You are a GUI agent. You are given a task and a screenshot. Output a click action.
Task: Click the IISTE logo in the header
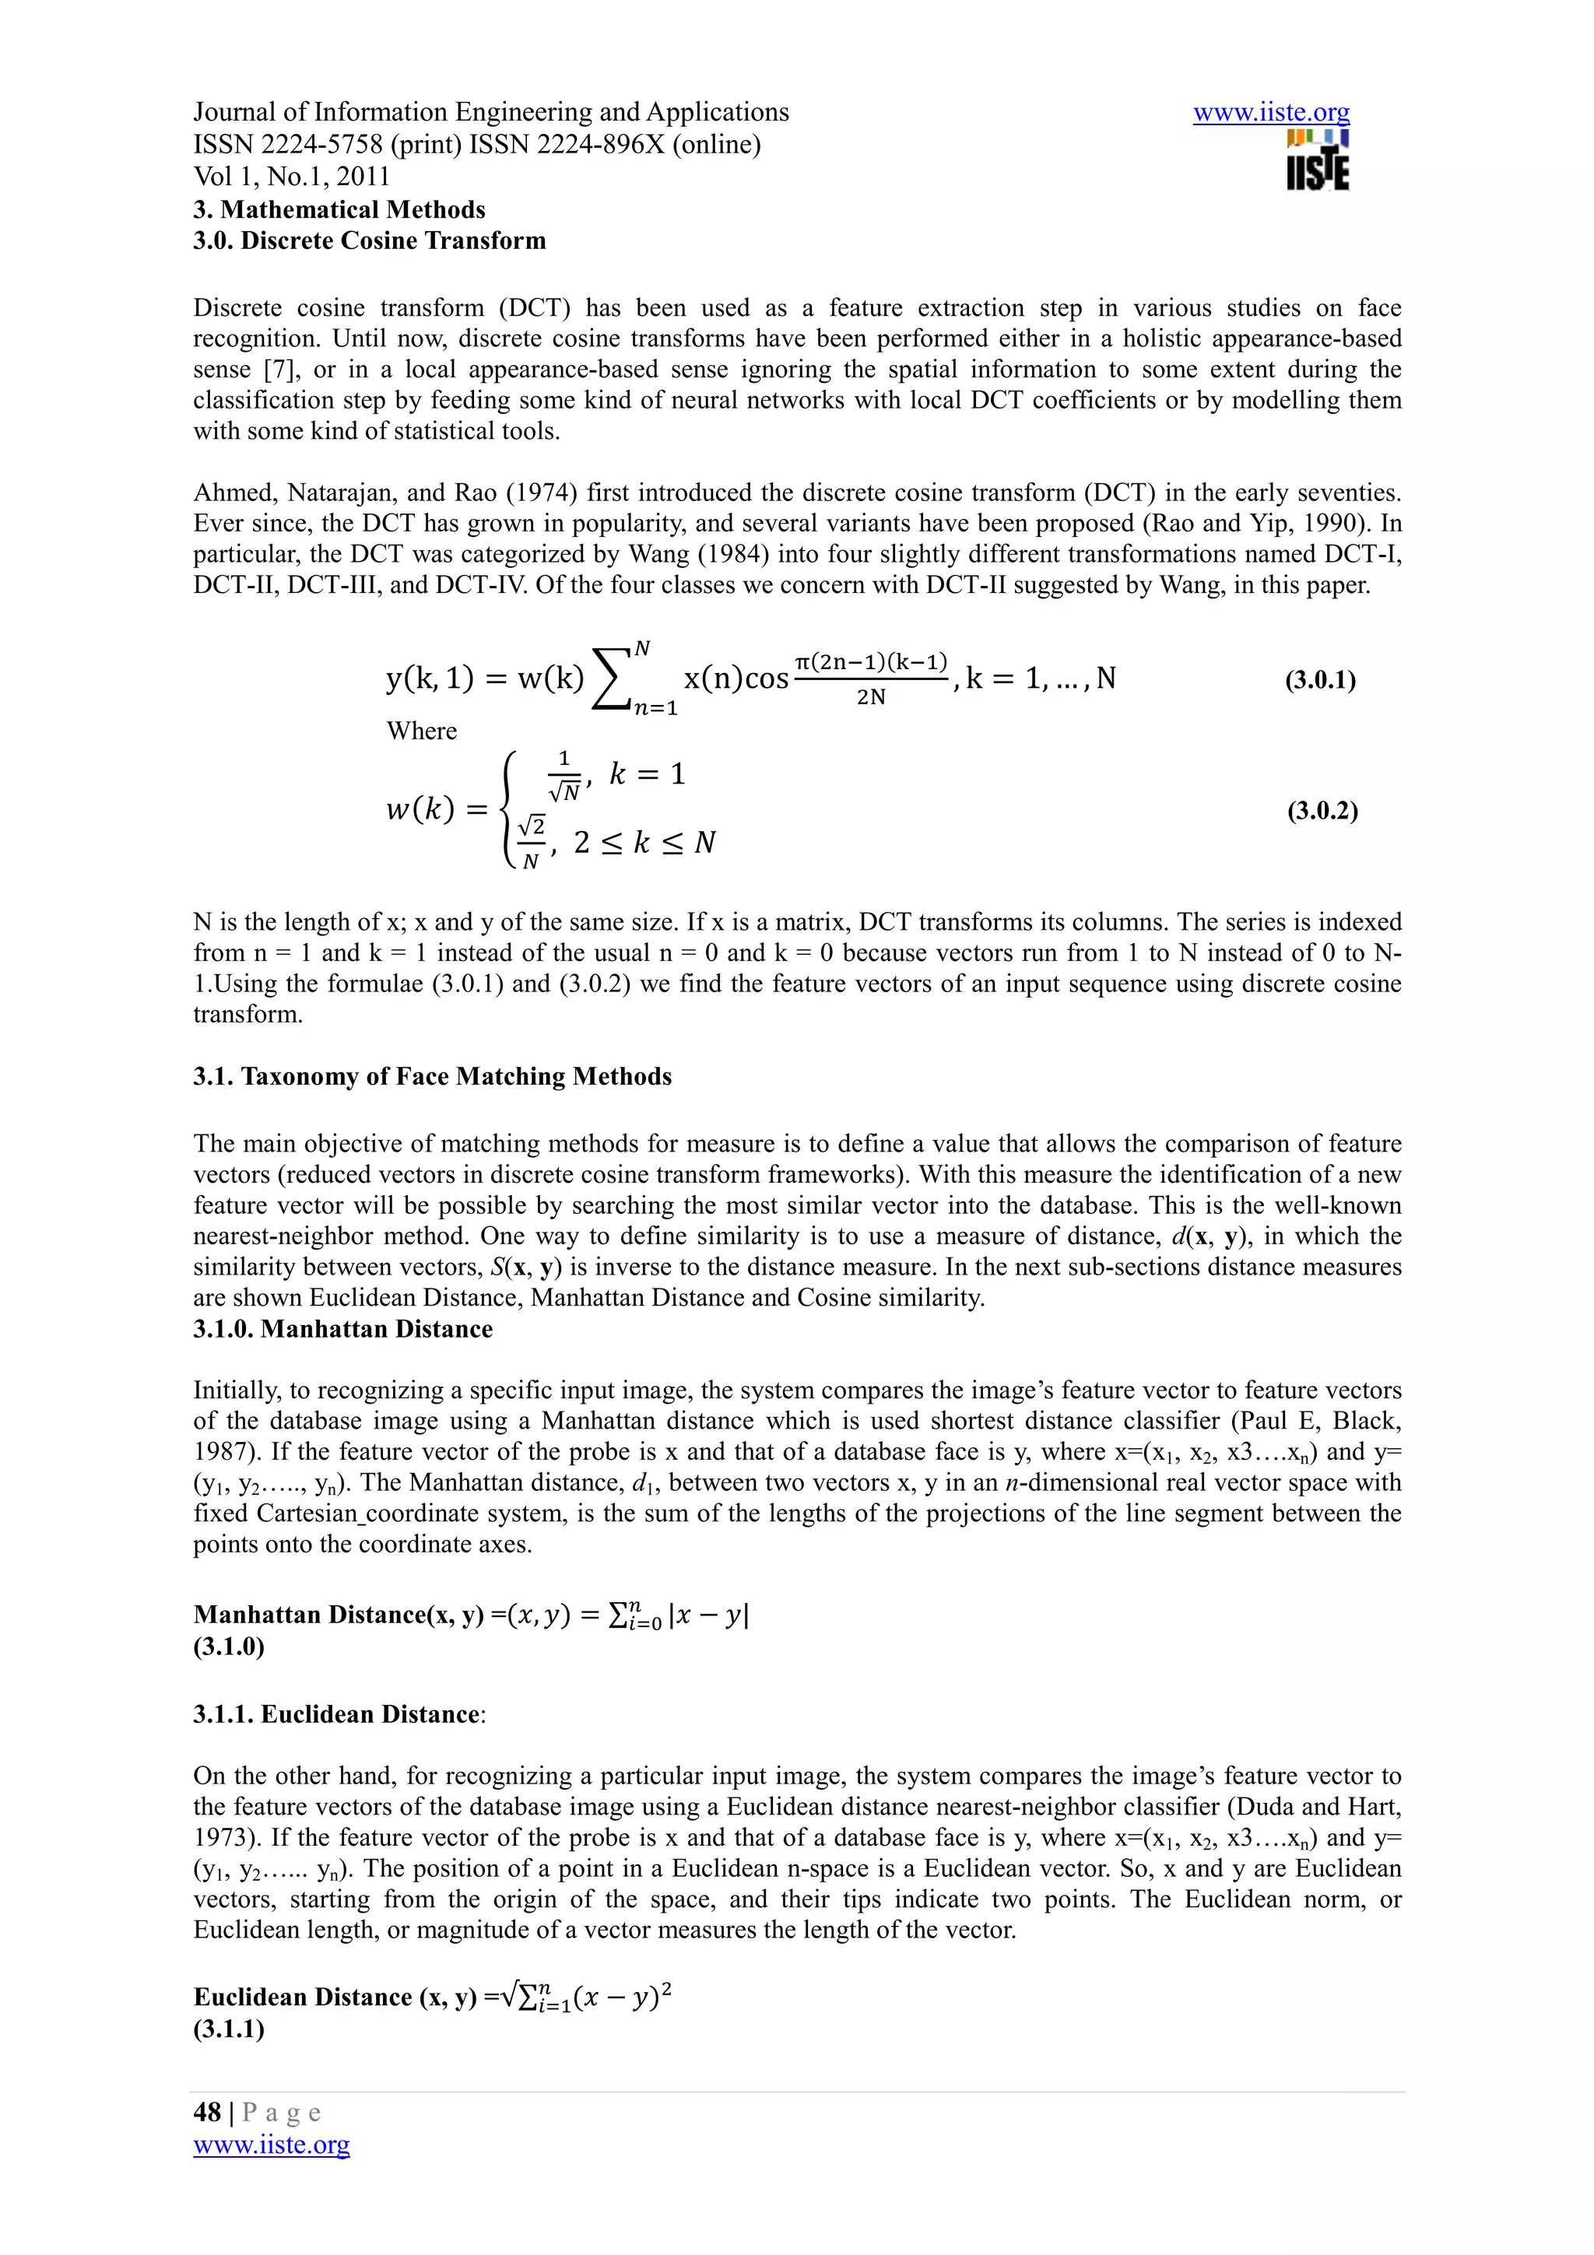pyautogui.click(x=1317, y=160)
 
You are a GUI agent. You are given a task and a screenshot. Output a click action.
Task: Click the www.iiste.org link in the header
pyautogui.click(x=1271, y=113)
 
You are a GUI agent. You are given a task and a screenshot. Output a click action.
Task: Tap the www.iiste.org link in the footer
pyautogui.click(x=271, y=2145)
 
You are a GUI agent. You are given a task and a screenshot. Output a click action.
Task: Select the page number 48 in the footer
pyautogui.click(x=207, y=2113)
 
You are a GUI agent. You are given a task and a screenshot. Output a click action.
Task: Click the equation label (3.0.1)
pyautogui.click(x=1320, y=681)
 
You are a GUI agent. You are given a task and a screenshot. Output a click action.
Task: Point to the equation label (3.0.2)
pyautogui.click(x=1322, y=812)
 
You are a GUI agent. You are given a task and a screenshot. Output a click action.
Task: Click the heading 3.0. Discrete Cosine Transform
pyautogui.click(x=369, y=240)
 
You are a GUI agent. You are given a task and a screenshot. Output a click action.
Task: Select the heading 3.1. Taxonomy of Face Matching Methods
pyautogui.click(x=432, y=1076)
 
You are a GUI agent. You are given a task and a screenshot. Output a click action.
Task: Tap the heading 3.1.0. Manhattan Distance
pyautogui.click(x=342, y=1329)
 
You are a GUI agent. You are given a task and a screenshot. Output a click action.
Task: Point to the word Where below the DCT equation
pyautogui.click(x=421, y=731)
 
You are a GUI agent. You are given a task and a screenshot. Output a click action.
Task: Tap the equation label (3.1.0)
pyautogui.click(x=229, y=1647)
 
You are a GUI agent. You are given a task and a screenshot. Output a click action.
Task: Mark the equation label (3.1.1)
pyautogui.click(x=229, y=2029)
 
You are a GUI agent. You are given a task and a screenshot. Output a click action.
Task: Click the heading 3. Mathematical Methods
pyautogui.click(x=339, y=210)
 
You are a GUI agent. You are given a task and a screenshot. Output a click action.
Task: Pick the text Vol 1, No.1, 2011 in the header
pyautogui.click(x=292, y=177)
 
